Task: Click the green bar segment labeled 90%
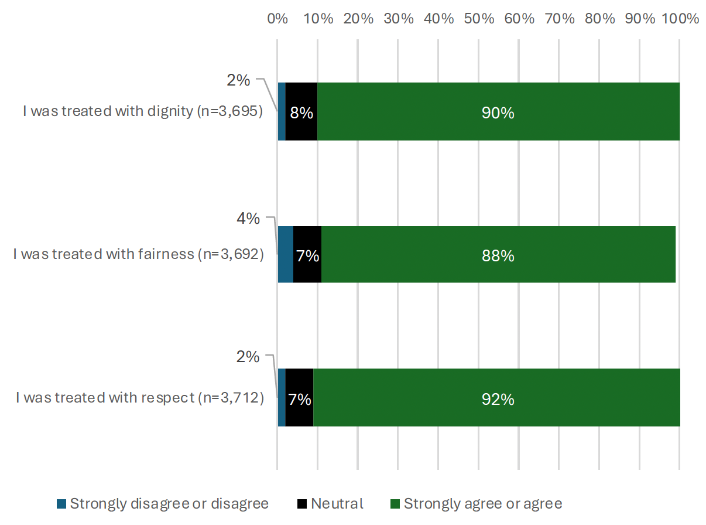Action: tap(498, 111)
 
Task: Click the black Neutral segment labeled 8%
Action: tap(301, 111)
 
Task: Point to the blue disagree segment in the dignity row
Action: tap(282, 111)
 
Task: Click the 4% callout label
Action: tap(248, 219)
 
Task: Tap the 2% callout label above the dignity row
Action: tap(238, 81)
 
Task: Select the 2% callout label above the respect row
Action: tap(247, 356)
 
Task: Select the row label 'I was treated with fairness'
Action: tap(138, 254)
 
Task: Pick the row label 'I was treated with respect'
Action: tap(139, 398)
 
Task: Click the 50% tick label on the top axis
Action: tap(479, 18)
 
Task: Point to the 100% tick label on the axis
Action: tap(679, 18)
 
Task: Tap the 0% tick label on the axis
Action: tap(277, 18)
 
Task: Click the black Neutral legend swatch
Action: tap(302, 504)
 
